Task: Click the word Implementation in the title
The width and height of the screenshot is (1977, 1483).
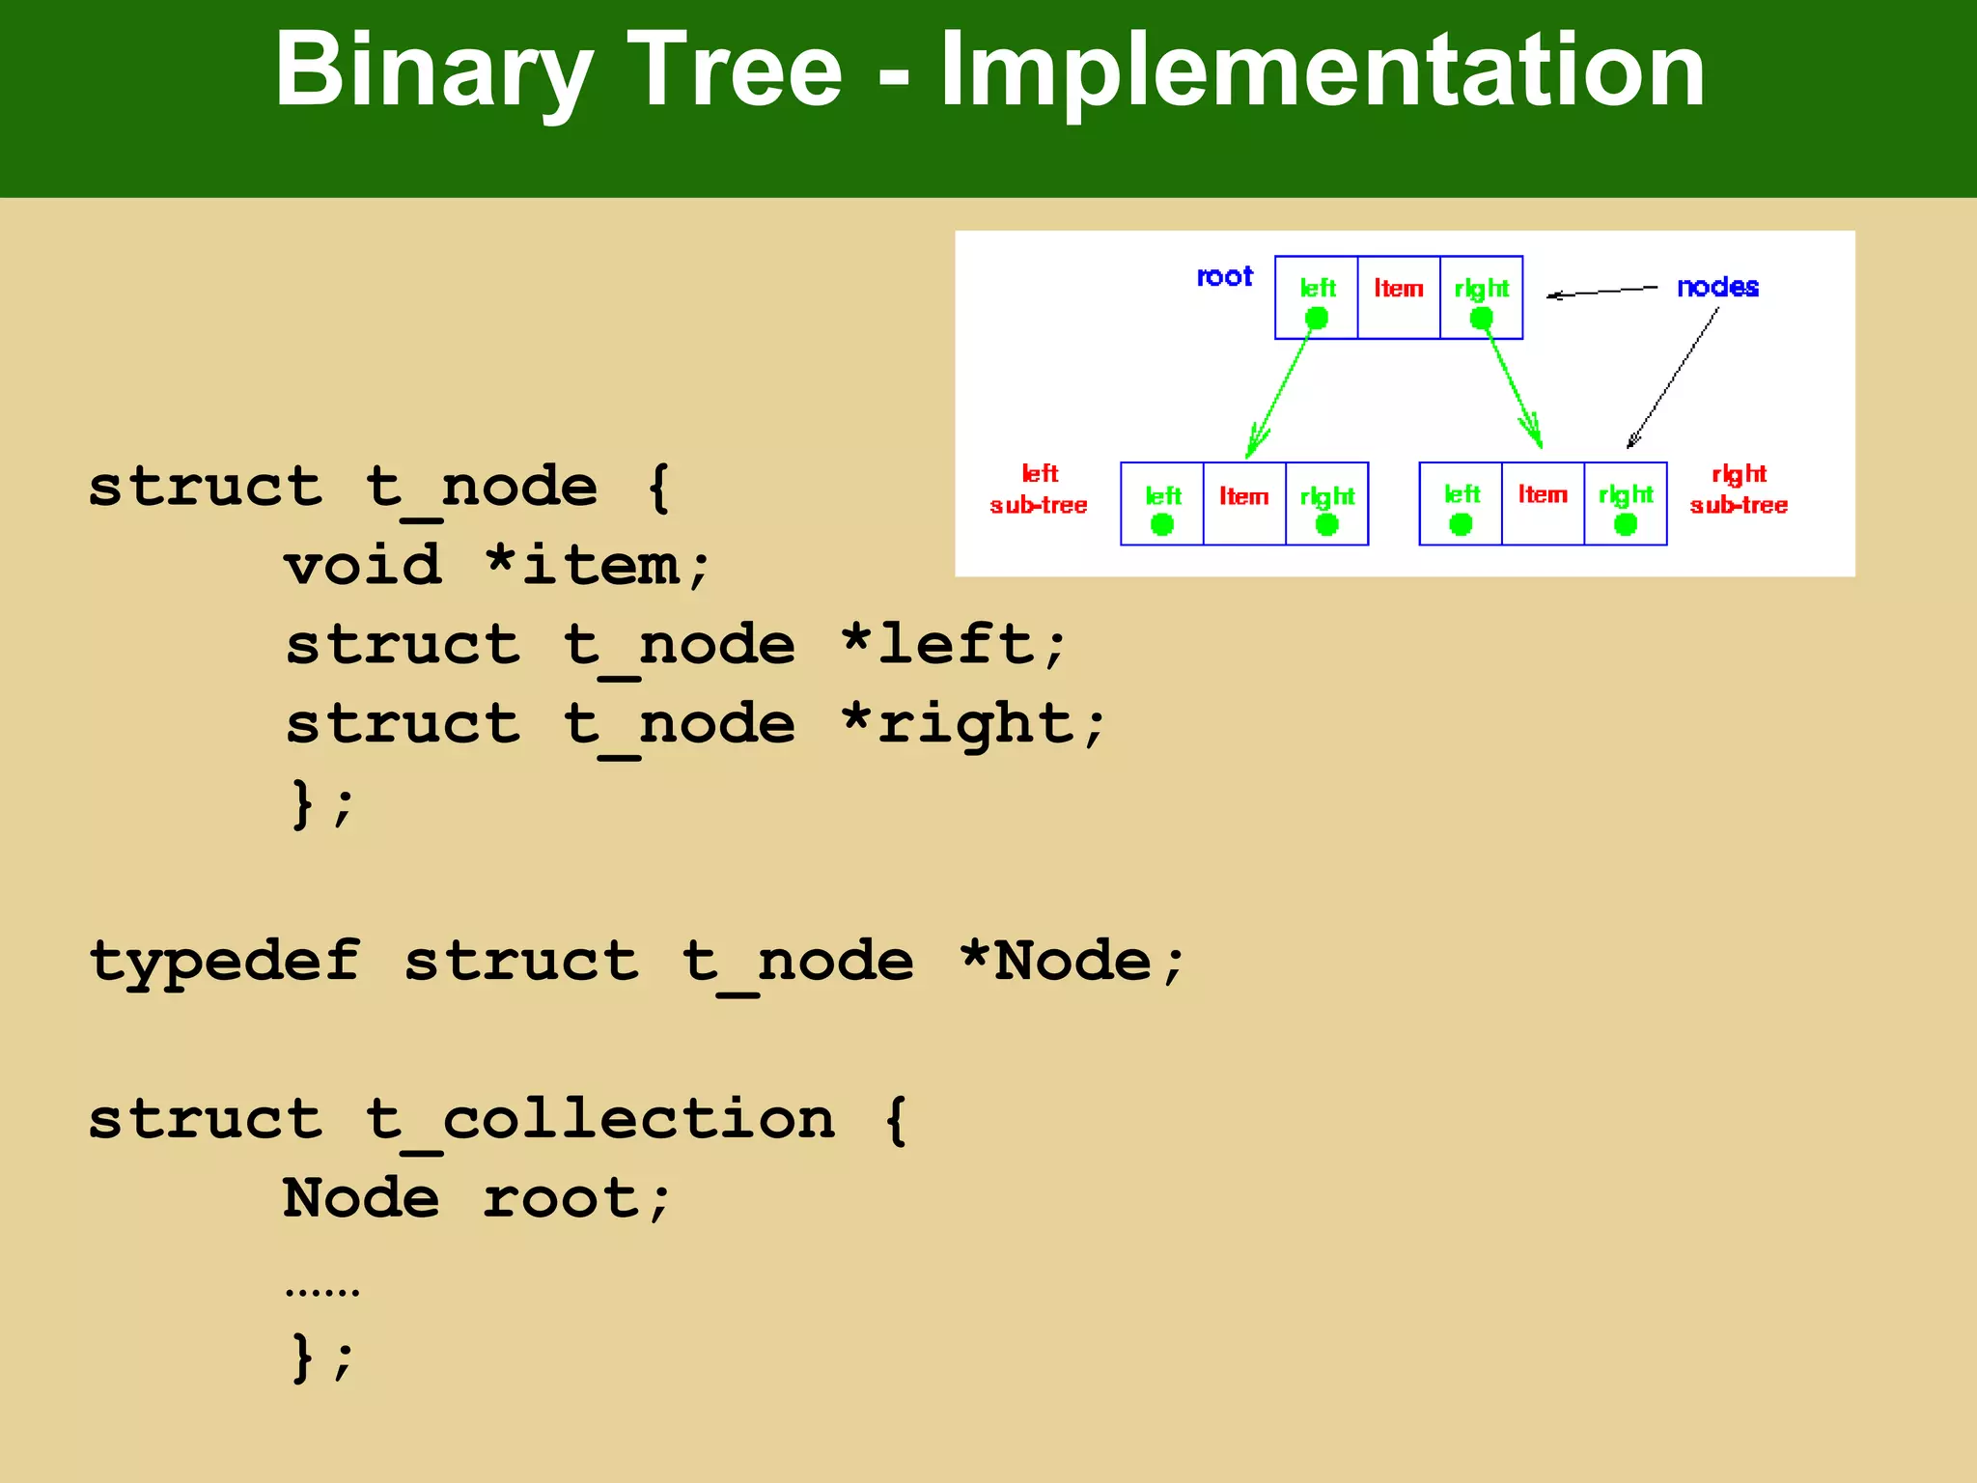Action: (x=1323, y=70)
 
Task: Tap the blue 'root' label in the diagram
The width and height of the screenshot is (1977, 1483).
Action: (x=1224, y=277)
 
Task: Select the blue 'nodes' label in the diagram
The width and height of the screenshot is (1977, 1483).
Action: (x=1717, y=287)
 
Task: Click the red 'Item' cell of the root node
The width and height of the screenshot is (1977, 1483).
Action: (x=1399, y=289)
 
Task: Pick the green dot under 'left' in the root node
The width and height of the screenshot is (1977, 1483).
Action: (x=1317, y=318)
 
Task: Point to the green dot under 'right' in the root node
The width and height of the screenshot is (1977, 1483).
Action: (x=1482, y=318)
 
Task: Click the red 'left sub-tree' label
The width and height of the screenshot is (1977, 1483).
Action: (x=1039, y=490)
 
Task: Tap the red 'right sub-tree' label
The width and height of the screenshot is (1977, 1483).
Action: (x=1739, y=490)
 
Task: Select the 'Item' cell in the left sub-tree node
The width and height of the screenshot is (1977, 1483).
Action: (x=1244, y=497)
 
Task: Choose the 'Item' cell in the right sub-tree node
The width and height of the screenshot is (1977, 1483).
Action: (x=1543, y=495)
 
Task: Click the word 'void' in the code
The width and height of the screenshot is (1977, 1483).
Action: (x=363, y=565)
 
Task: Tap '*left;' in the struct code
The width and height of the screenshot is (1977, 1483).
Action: (x=954, y=644)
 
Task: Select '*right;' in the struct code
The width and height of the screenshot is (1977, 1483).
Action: (x=973, y=724)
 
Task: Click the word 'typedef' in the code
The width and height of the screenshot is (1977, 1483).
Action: (x=224, y=962)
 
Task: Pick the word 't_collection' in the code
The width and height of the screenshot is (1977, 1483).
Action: (x=599, y=1120)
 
